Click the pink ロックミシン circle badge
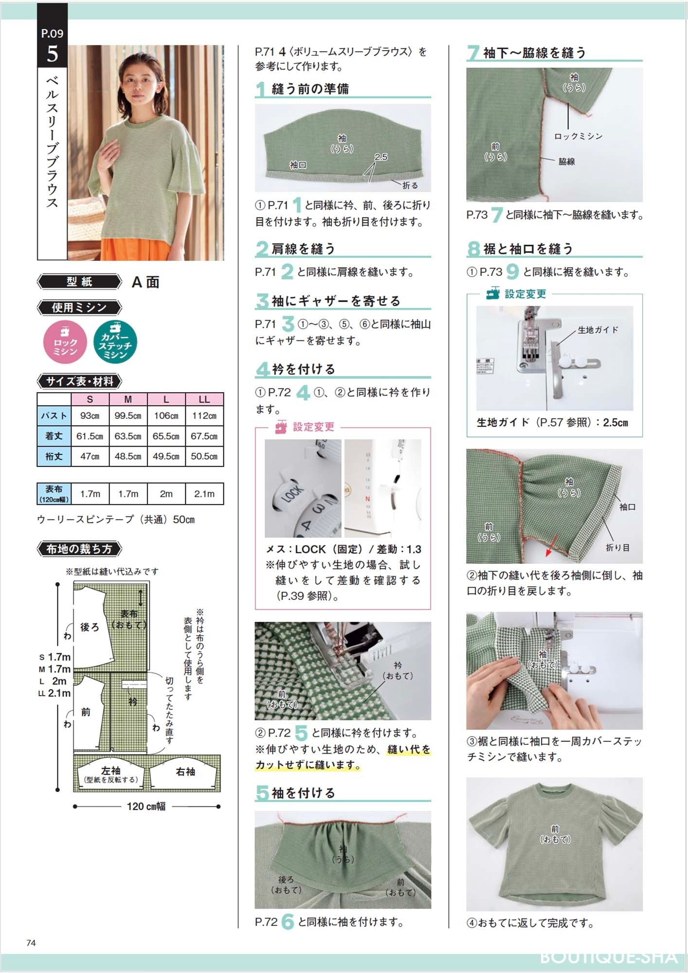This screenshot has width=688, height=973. point(65,342)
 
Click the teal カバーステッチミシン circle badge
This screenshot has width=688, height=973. point(115,342)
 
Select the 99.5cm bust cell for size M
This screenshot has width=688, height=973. point(128,416)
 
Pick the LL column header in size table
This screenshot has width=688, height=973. point(204,399)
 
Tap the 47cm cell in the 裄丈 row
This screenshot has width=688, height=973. point(90,456)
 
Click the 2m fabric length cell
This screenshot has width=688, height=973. point(166,494)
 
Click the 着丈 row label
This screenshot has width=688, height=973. point(54,436)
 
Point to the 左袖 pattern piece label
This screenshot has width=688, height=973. point(111,771)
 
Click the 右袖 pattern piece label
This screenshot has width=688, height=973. point(185,772)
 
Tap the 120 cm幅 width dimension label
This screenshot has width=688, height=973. point(146,806)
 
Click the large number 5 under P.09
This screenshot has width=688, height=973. point(52,54)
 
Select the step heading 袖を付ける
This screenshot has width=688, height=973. point(303,793)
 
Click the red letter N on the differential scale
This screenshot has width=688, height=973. point(367,499)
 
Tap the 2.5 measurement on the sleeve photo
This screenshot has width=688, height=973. point(381,157)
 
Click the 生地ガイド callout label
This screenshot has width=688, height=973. point(597,330)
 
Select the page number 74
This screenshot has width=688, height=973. point(31,943)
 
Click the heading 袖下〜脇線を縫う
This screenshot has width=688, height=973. point(534,53)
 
